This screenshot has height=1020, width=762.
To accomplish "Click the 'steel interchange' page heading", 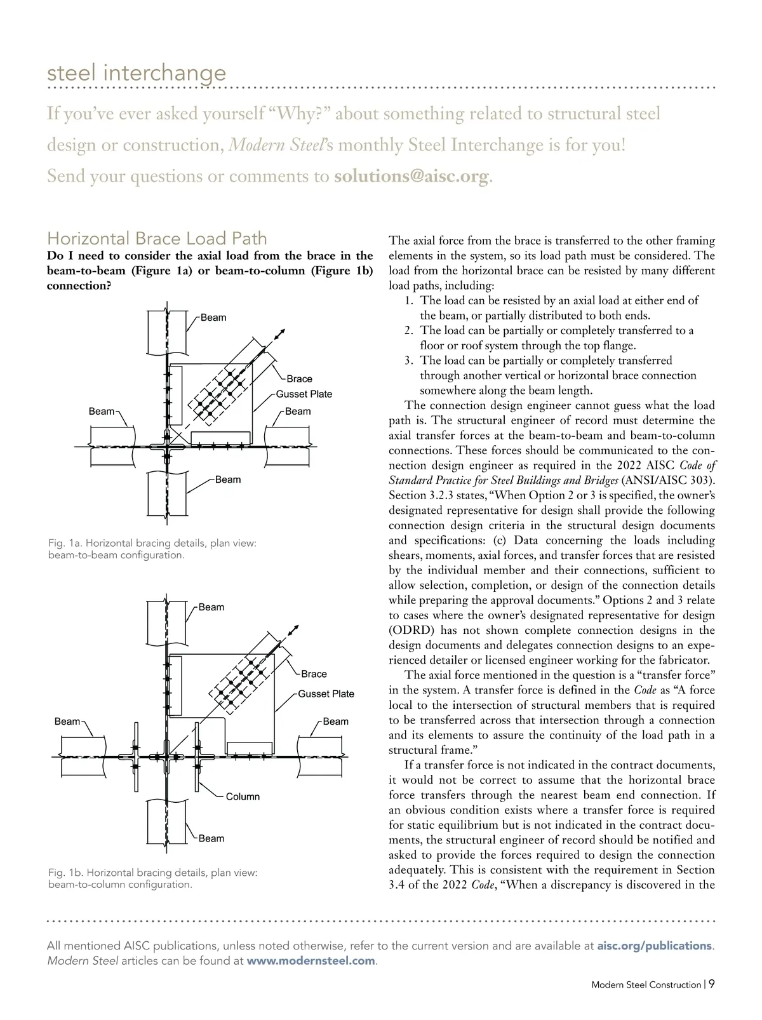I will (x=137, y=72).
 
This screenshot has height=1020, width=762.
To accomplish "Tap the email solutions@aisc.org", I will (x=412, y=176).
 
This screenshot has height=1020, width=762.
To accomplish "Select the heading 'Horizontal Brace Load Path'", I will (x=157, y=238).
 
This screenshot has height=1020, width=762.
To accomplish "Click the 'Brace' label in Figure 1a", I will (x=299, y=379).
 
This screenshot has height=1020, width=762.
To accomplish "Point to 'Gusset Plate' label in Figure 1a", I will (x=304, y=394).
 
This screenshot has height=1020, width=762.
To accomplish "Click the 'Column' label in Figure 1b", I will (x=243, y=796).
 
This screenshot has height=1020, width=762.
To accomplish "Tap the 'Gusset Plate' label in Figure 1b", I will (x=326, y=694).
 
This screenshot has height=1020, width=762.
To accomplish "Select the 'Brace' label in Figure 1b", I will (x=314, y=674).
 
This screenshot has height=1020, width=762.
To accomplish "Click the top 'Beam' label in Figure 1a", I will (x=213, y=318).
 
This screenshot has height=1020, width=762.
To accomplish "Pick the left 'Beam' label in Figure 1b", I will (x=67, y=721).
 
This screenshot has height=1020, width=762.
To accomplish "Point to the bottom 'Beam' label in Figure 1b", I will (x=211, y=838).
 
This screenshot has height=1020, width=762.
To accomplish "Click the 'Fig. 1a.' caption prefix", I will (x=65, y=543).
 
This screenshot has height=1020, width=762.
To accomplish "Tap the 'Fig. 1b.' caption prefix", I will (x=65, y=873).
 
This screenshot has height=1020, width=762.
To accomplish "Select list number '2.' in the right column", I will (x=410, y=330).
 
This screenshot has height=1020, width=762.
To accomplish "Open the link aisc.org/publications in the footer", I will (x=655, y=946).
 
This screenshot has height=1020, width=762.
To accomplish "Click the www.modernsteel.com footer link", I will (x=311, y=961).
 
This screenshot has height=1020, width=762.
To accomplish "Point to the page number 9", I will (x=712, y=984).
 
